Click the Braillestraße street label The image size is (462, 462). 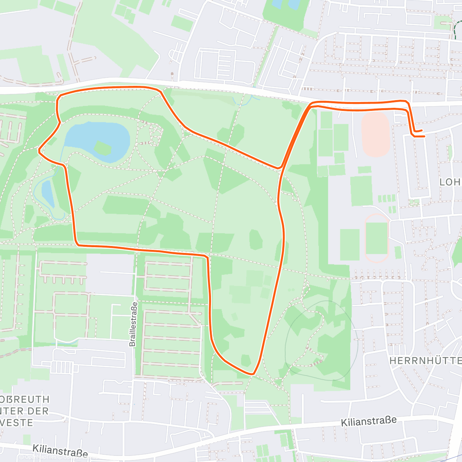click(x=133, y=324)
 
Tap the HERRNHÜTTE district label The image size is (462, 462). click(x=425, y=361)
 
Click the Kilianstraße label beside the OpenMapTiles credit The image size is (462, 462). click(x=60, y=451)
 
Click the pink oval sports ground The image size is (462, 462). click(x=376, y=134)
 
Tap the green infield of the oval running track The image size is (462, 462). click(x=377, y=238)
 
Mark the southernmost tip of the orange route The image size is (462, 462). click(x=253, y=373)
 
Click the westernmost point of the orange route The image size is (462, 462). click(x=39, y=151)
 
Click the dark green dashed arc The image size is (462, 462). click(x=456, y=29)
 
